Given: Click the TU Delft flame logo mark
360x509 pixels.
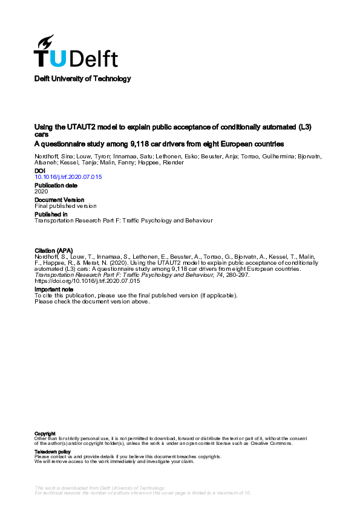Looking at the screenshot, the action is pos(46,42).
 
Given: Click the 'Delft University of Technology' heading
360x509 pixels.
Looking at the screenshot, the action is pos(82,79).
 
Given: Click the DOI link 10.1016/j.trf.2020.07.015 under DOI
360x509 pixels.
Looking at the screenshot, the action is pos(68,177).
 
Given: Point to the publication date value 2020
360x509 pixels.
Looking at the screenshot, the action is pos(42,191).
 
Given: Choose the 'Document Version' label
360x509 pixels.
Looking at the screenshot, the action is pos(59,199).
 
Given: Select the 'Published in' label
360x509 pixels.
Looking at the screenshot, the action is pos(51,214).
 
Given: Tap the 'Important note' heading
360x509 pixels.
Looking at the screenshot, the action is pos(54,290).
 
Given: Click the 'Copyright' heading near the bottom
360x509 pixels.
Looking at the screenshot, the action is pos(45,433).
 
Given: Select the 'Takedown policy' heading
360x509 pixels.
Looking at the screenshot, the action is pos(53,452).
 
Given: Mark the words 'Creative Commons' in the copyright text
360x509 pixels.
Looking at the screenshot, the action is pos(275,443).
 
